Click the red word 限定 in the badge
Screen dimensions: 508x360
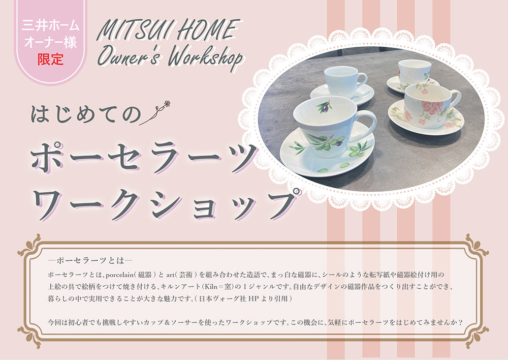click(50, 59)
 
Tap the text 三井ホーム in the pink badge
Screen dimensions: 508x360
click(50, 25)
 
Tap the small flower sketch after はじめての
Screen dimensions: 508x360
click(155, 112)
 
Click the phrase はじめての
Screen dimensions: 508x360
click(86, 114)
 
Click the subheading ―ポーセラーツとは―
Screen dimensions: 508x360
click(90, 260)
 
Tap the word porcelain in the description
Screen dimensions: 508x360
click(119, 275)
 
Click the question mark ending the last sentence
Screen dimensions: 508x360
click(460, 322)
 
